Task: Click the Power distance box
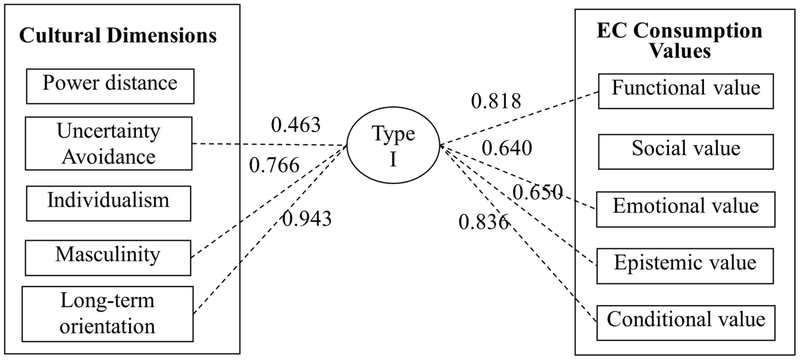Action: click(110, 86)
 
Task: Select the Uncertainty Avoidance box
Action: click(108, 143)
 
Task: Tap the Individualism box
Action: click(108, 204)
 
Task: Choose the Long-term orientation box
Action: click(107, 314)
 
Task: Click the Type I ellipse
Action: click(393, 145)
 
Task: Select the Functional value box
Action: click(686, 91)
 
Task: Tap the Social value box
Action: click(686, 152)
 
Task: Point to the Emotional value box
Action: click(685, 209)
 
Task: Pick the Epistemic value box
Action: click(685, 266)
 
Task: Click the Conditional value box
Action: click(685, 323)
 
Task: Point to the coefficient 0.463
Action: click(296, 125)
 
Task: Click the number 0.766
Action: click(274, 165)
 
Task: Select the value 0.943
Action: click(306, 219)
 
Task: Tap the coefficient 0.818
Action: click(496, 101)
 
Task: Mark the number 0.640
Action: click(507, 148)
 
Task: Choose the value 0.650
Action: click(537, 192)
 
